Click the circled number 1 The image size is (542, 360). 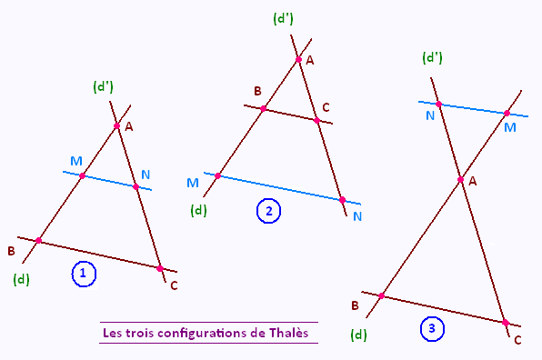click(x=84, y=274)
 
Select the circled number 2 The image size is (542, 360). click(x=268, y=211)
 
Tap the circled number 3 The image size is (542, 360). click(x=432, y=328)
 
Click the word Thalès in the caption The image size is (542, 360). click(x=288, y=333)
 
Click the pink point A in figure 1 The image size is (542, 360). click(x=116, y=125)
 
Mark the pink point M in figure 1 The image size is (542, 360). click(x=82, y=175)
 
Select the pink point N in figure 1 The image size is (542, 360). click(x=135, y=187)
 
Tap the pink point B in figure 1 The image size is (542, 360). click(x=38, y=241)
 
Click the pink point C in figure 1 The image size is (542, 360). click(x=160, y=268)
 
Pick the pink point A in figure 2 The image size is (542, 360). click(x=298, y=60)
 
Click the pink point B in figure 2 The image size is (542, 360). click(x=264, y=109)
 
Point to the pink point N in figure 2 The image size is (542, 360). click(x=342, y=200)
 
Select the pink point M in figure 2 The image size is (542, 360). click(x=217, y=175)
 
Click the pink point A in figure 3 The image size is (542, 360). click(x=460, y=180)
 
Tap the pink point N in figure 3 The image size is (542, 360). click(x=438, y=104)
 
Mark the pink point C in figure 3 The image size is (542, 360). click(x=506, y=323)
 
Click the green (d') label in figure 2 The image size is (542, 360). click(x=283, y=19)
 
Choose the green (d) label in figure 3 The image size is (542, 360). click(x=358, y=335)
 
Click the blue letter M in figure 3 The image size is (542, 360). click(x=510, y=127)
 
